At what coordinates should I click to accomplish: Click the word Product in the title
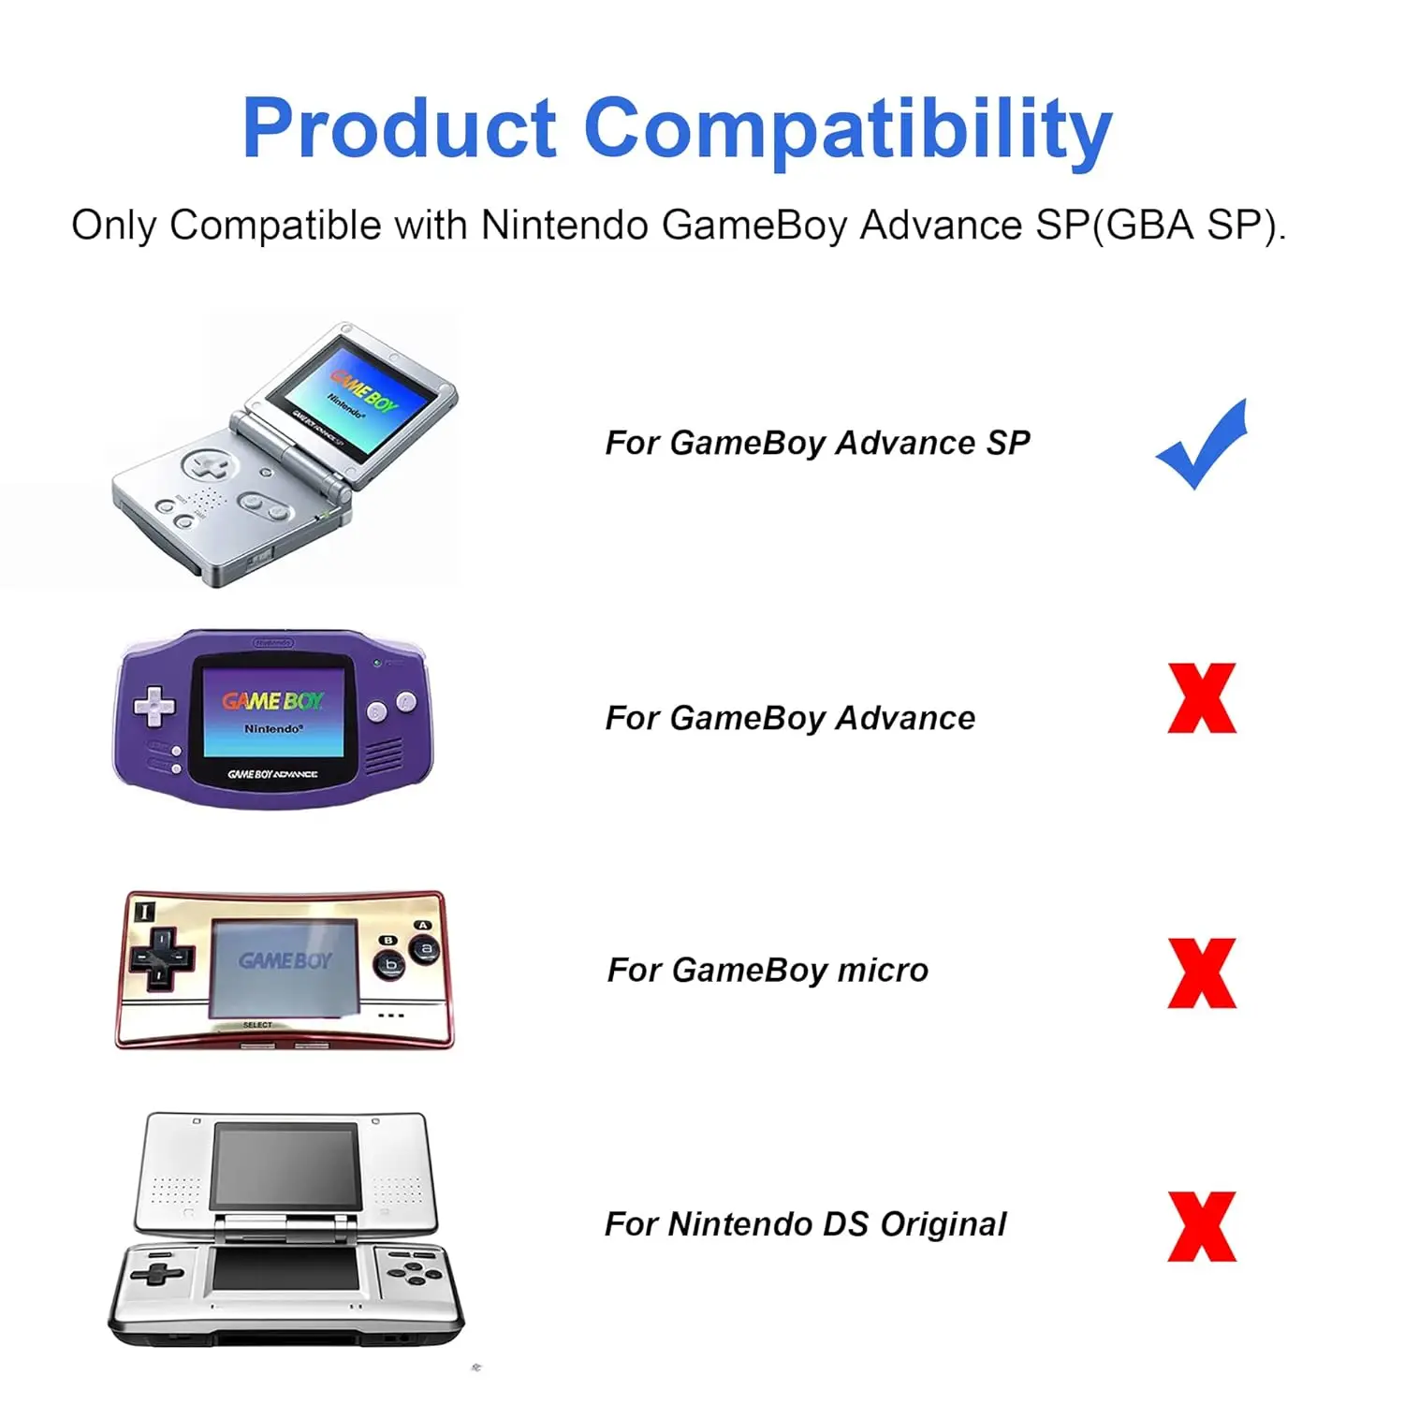coord(400,129)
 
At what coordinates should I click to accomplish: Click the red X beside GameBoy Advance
coord(1202,698)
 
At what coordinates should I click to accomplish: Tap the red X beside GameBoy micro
coord(1202,973)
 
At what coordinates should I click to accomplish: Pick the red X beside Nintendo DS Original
coord(1202,1226)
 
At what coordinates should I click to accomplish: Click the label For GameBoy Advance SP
coord(817,443)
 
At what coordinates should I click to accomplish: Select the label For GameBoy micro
coord(768,971)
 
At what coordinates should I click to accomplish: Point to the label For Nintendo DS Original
coord(805,1224)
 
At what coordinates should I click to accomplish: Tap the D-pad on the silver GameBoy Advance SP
coord(207,464)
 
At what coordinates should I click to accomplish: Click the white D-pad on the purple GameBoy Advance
coord(154,707)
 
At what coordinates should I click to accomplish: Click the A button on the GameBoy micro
coord(427,949)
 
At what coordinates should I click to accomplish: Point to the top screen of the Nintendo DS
coord(286,1165)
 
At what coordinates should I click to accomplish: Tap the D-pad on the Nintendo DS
coord(156,1273)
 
